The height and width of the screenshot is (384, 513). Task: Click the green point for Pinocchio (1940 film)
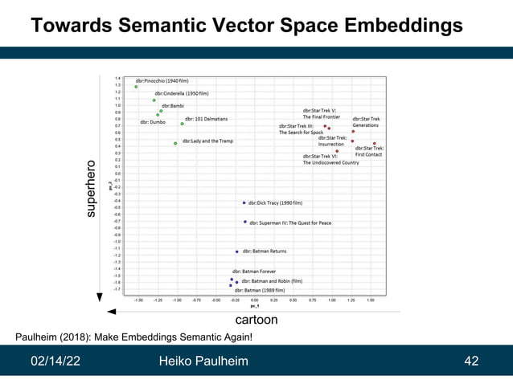click(137, 87)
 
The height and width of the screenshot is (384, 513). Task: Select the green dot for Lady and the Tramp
click(175, 143)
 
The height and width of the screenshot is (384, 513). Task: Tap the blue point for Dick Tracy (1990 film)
click(244, 203)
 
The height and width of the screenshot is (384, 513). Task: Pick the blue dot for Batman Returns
click(236, 251)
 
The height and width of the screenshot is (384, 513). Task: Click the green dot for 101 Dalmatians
click(183, 124)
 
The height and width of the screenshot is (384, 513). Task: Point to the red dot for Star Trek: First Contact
click(374, 144)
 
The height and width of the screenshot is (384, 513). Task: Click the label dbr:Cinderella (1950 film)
click(182, 93)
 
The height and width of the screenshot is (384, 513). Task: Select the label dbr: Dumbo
click(153, 122)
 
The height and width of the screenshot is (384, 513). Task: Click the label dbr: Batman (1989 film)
click(260, 290)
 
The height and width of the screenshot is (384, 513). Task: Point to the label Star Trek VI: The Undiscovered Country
click(330, 159)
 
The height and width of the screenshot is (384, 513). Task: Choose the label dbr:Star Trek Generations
click(366, 122)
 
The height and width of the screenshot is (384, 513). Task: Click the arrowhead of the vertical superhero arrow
click(100, 297)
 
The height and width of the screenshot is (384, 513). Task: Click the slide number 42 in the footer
click(472, 361)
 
